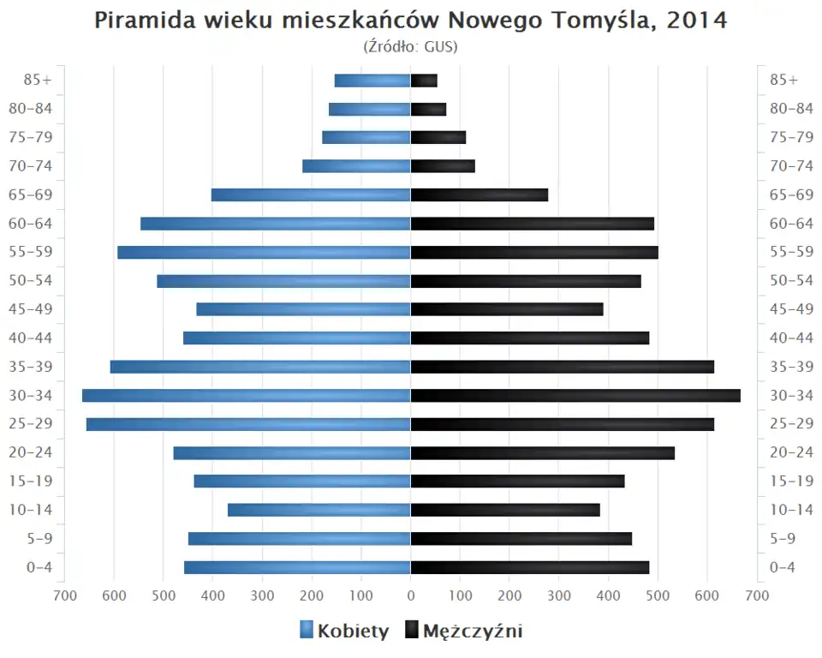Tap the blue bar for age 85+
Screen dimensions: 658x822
point(372,81)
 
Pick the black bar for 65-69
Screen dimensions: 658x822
point(479,195)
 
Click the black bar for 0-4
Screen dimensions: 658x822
point(530,567)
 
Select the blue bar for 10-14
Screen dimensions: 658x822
point(319,510)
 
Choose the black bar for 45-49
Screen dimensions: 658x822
point(507,309)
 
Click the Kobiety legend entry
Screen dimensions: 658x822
point(344,631)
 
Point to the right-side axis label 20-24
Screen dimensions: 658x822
point(791,452)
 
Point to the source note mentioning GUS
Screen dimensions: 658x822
point(411,46)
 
